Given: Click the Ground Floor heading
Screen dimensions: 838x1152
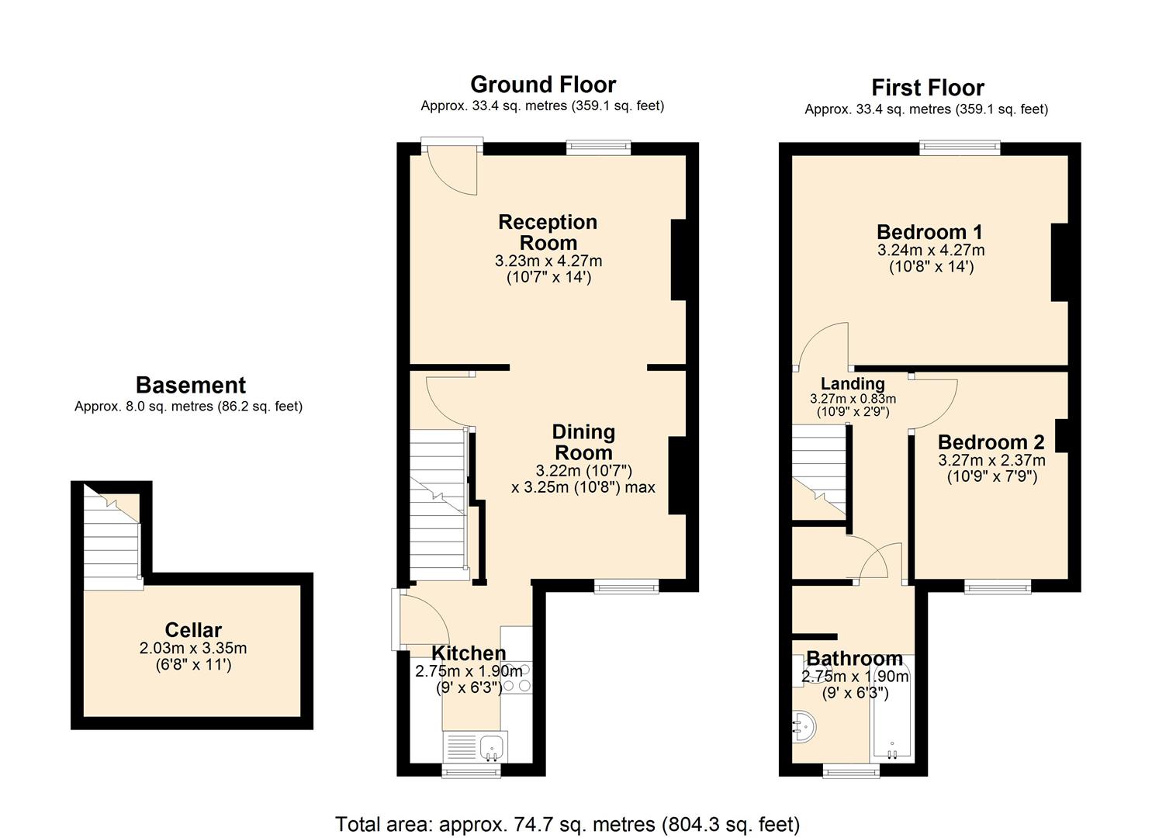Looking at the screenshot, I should [x=543, y=85].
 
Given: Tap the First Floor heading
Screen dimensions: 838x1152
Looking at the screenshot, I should [x=927, y=88].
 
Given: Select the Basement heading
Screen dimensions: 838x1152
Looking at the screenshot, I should [x=190, y=385].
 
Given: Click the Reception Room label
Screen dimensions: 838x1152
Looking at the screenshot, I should [x=548, y=232].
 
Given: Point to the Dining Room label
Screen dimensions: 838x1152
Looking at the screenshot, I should [x=583, y=442].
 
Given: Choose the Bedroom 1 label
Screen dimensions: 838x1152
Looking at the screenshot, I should [x=929, y=232].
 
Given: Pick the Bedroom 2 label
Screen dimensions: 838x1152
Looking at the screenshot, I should [x=991, y=442].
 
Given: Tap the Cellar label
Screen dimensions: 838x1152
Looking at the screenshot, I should [x=193, y=630].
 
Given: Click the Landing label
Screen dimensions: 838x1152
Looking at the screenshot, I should [x=853, y=383].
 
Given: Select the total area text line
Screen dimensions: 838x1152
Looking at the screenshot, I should [x=567, y=823].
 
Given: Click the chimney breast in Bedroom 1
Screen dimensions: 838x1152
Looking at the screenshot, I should [x=1060, y=262].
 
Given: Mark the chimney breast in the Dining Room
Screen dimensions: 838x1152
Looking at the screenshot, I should [x=677, y=476].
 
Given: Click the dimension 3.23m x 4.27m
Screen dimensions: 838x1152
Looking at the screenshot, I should [x=548, y=261].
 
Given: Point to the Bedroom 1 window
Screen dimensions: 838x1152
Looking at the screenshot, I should [x=959, y=147].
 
